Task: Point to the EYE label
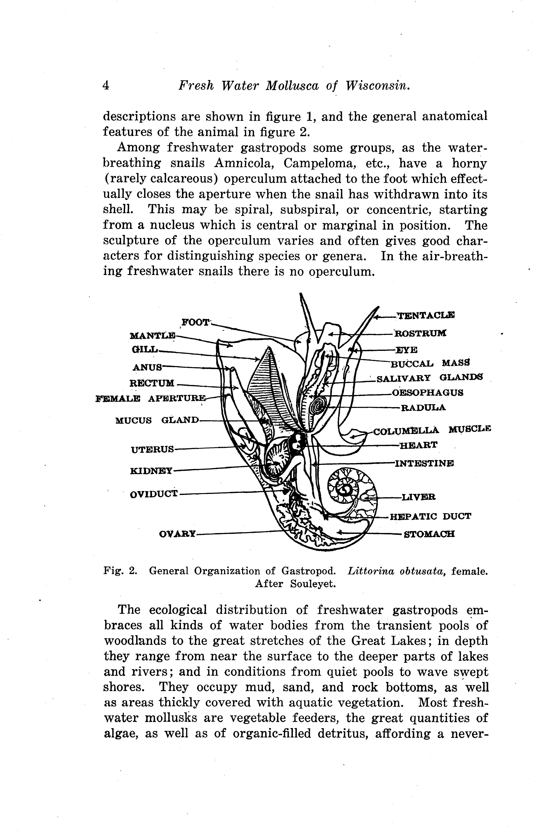click(406, 350)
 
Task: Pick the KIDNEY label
click(151, 471)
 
